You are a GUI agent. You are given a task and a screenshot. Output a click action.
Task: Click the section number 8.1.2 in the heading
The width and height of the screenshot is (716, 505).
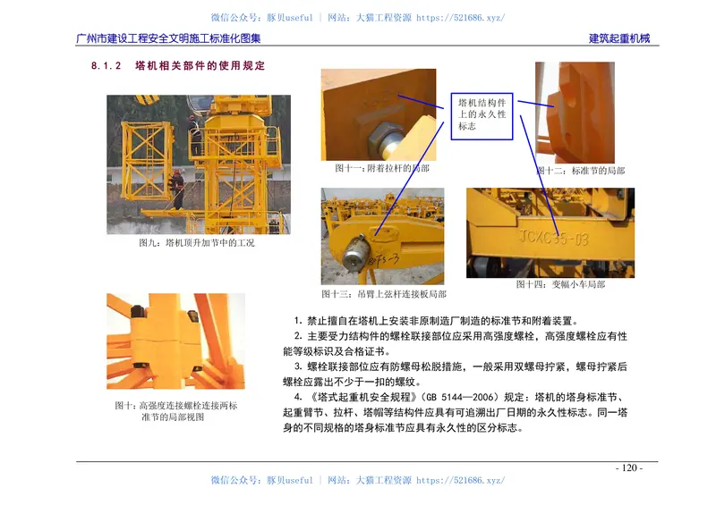point(106,66)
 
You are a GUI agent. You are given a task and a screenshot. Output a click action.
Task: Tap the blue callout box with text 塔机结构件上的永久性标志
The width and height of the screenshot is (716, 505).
point(483,114)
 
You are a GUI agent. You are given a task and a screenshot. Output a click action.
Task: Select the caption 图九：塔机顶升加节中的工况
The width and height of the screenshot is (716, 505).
point(197,243)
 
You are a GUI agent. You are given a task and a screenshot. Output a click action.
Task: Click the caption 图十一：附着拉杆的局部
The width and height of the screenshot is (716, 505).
point(381,168)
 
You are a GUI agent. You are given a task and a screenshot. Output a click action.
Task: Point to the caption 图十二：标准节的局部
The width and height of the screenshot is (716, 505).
point(582,171)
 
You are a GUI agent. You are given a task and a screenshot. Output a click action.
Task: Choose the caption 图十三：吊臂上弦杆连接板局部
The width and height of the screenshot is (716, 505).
point(383,293)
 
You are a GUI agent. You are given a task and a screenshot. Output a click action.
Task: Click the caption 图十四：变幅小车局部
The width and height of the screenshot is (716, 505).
point(560,284)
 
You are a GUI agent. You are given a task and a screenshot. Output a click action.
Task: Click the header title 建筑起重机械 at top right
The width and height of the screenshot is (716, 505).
point(619,38)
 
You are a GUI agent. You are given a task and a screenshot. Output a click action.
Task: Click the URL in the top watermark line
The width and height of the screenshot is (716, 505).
point(460,17)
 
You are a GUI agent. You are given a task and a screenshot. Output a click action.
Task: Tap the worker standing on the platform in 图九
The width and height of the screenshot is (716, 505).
point(178,189)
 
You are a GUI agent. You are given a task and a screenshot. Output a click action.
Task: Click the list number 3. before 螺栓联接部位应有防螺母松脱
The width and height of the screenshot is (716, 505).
point(297,366)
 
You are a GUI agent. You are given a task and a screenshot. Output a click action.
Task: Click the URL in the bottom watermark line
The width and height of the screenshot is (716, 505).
point(460,480)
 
